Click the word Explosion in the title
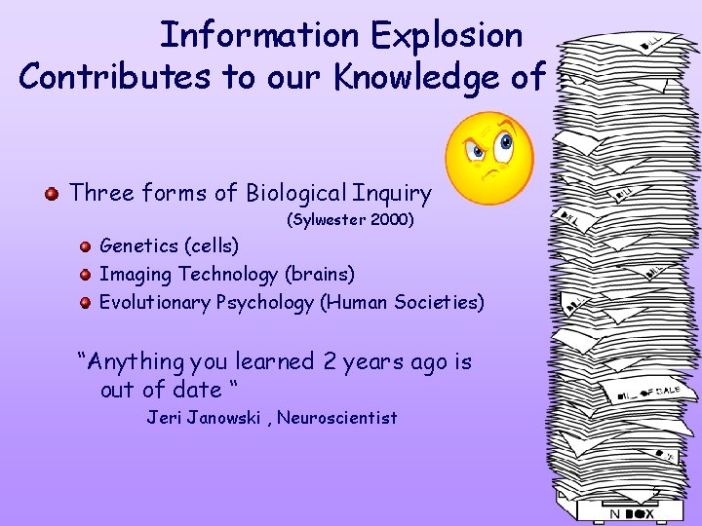[x=447, y=35]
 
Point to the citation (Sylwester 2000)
[x=350, y=220]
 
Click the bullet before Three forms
[x=52, y=193]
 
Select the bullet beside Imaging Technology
[x=86, y=275]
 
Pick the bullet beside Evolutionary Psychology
[x=86, y=302]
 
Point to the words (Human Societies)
[x=402, y=302]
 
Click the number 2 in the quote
[x=327, y=362]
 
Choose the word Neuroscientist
[x=337, y=418]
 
